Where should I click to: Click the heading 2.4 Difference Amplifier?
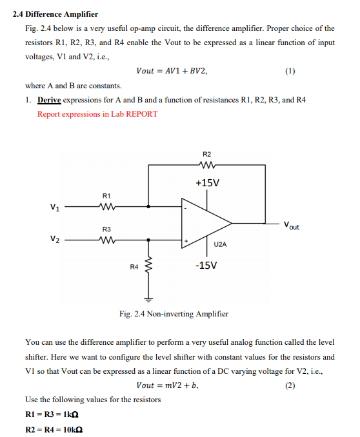(55, 14)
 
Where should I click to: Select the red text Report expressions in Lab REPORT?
(97, 114)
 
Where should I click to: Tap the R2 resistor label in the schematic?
(206, 155)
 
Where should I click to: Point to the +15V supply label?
(207, 182)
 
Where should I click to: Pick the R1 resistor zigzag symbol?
(107, 207)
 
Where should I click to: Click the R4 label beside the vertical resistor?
(134, 266)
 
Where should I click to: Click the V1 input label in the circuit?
(55, 207)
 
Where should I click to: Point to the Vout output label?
(290, 226)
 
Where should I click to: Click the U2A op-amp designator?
(219, 244)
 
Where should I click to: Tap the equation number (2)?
(290, 385)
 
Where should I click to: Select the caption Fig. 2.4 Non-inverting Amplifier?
(174, 314)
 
